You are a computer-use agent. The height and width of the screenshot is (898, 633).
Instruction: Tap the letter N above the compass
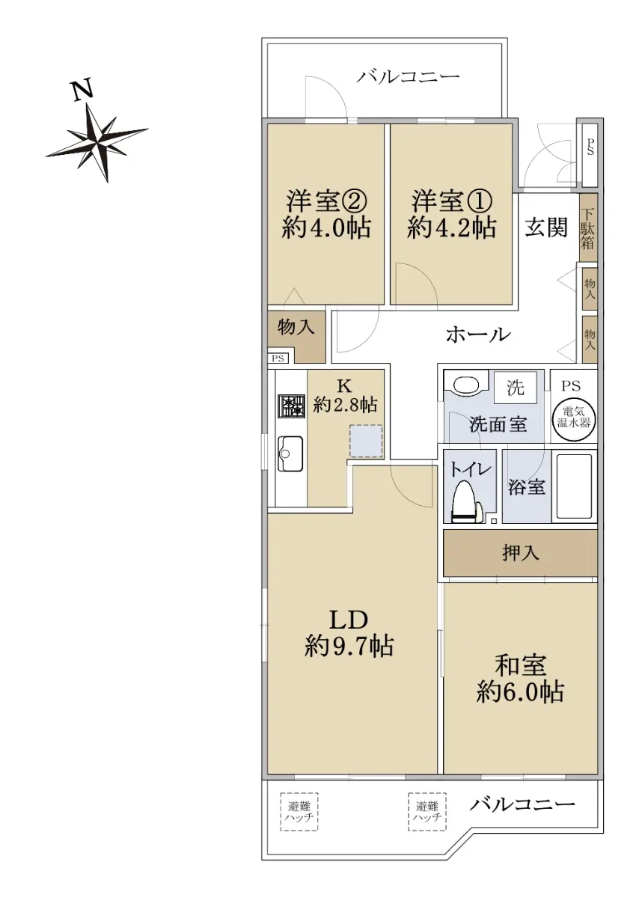82,89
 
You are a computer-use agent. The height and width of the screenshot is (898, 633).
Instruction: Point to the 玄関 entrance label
546,227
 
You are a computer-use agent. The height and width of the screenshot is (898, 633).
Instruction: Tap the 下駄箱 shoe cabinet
587,227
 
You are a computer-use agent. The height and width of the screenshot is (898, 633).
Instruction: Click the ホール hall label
478,335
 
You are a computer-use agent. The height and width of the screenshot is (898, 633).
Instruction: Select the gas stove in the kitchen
292,407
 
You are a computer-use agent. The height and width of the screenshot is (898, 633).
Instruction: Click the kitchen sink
291,453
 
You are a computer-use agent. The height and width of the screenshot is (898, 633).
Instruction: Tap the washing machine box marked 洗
515,388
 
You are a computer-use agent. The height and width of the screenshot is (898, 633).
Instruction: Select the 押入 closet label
520,554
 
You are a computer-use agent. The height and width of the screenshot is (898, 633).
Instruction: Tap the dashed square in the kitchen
366,442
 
